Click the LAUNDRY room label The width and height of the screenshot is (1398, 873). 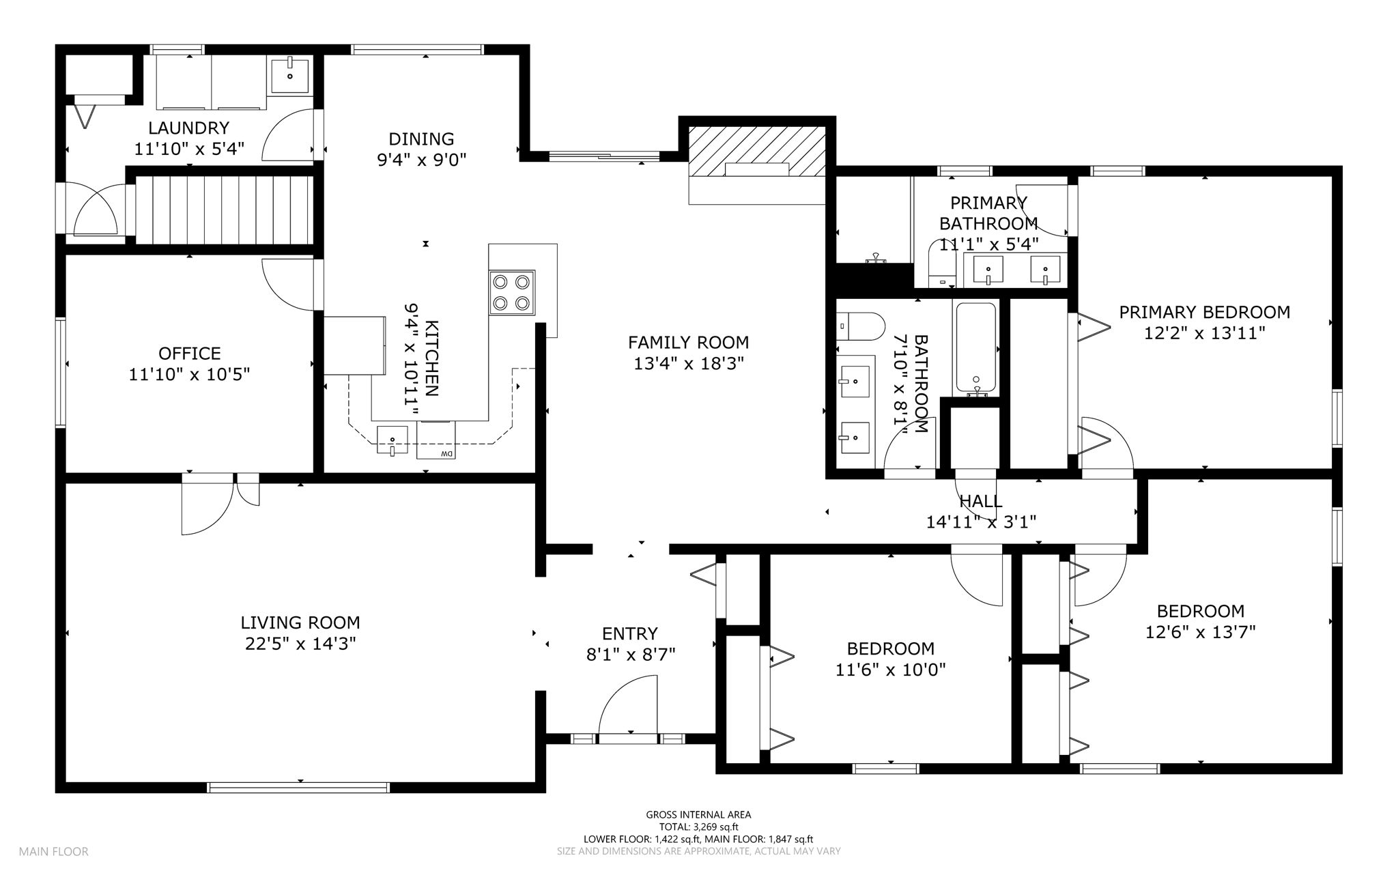189,128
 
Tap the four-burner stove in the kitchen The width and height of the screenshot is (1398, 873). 512,292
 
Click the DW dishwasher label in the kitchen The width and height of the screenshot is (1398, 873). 446,454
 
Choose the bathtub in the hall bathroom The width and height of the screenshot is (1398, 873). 976,349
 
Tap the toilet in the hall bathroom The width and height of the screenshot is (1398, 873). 860,326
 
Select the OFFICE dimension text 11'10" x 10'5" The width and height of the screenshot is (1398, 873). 190,374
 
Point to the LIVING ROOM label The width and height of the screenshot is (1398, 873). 300,622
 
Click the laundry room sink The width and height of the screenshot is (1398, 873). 290,74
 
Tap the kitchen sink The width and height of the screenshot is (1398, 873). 393,440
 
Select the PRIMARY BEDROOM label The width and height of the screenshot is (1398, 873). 1205,312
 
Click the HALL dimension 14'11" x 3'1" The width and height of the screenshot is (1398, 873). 981,522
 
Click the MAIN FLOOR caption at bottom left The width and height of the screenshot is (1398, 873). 53,851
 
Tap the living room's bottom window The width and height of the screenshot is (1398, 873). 298,787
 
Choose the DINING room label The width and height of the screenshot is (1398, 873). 421,139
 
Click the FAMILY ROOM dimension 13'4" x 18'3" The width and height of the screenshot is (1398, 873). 688,363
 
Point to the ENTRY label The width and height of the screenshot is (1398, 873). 630,633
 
